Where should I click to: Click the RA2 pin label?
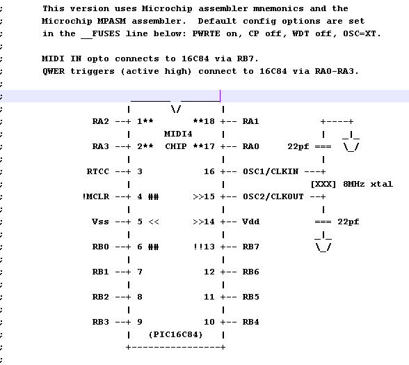tap(100, 121)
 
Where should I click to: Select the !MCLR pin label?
tap(96, 196)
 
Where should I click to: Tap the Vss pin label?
tap(100, 222)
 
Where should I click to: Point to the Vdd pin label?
tap(250, 222)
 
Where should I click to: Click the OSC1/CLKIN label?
tap(271, 171)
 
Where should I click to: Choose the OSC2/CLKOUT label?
tap(273, 196)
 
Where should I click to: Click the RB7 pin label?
tap(250, 247)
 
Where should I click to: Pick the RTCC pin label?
tap(98, 171)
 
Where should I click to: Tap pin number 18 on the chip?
tap(209, 121)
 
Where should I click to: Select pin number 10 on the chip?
tap(209, 322)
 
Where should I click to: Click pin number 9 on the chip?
tap(140, 322)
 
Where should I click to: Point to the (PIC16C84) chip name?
tap(175, 334)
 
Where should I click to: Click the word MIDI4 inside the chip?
tap(178, 134)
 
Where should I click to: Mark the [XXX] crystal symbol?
tap(323, 184)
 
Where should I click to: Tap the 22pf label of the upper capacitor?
tap(298, 146)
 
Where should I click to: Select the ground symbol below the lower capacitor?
tap(323, 242)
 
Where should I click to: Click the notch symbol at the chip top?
tap(175, 109)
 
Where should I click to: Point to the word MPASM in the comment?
tap(111, 21)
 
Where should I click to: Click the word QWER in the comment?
tap(54, 71)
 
